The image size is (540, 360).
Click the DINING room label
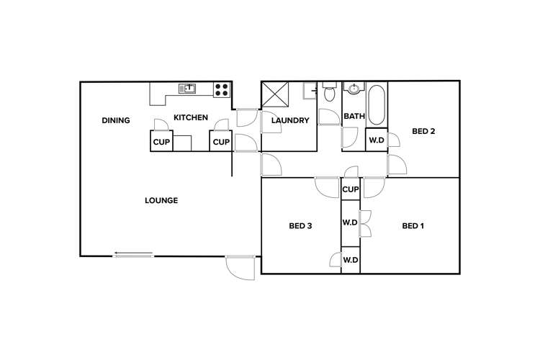116,120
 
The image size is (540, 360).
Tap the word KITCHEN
191,117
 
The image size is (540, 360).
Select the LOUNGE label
161,200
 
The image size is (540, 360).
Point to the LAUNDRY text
290,120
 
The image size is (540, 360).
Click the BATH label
354,117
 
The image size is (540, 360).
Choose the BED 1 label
413,226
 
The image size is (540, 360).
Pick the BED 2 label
423,131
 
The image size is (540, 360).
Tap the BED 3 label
300,226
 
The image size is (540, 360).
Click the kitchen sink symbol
187,89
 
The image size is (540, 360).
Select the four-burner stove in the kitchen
222,90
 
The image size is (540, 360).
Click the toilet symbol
330,92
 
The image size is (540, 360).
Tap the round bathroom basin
354,90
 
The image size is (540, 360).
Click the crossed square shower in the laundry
274,95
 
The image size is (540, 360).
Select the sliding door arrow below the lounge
133,253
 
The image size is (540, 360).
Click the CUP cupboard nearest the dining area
161,142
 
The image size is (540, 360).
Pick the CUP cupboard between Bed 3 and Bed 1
351,189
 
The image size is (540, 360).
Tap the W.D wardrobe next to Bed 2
377,140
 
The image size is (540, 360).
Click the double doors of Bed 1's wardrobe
365,223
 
